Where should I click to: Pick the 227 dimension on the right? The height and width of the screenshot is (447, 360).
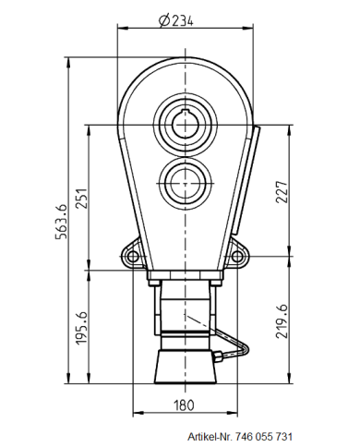tap(282, 191)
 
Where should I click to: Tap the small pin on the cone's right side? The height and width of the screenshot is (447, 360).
tap(222, 356)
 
